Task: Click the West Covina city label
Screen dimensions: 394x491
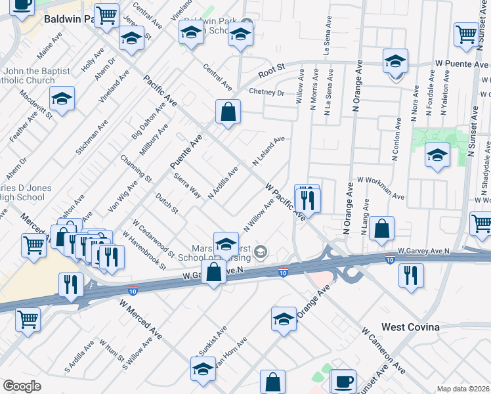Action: click(x=410, y=326)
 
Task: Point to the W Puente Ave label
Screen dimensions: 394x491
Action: click(x=461, y=64)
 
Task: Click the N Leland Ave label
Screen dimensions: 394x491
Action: click(x=268, y=151)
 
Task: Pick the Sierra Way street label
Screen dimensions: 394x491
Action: click(x=187, y=185)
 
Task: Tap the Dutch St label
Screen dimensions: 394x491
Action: click(x=166, y=203)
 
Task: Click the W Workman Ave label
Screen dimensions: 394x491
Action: click(x=380, y=187)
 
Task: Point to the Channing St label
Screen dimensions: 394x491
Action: click(x=136, y=169)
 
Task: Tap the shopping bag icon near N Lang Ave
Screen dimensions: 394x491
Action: click(x=381, y=229)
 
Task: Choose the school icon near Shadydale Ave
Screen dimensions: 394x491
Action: click(x=437, y=156)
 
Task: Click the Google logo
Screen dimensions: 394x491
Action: click(x=22, y=386)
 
